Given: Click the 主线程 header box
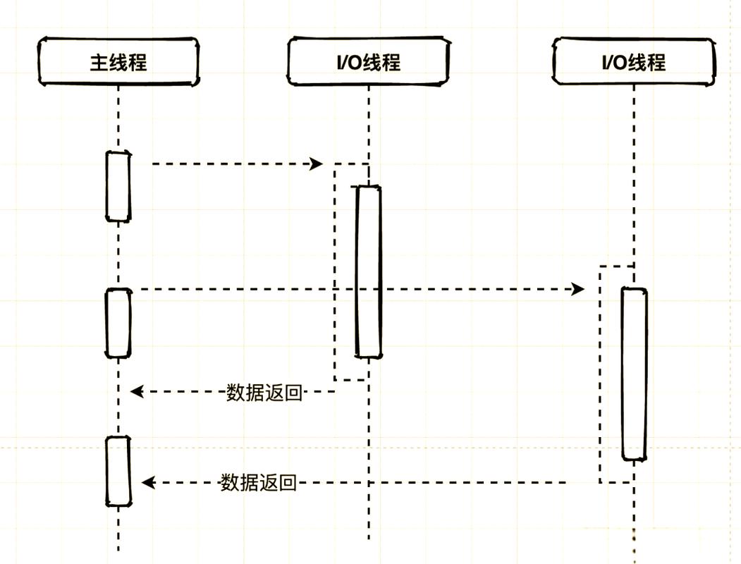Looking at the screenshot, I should click(118, 62).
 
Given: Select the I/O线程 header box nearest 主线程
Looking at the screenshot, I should click(368, 62).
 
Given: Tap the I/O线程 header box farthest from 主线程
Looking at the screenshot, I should click(633, 62).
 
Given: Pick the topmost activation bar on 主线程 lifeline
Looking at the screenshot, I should click(118, 186).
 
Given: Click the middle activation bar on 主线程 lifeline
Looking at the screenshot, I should click(118, 323).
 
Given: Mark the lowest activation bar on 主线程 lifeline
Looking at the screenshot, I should click(118, 471).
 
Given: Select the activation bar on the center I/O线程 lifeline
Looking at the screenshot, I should click(368, 271).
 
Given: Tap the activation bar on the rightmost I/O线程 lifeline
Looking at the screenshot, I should click(634, 374).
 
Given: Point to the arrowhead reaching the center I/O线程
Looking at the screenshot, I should click(317, 164).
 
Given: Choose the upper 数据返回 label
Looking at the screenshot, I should click(264, 393).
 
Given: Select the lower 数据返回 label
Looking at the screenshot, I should click(258, 483).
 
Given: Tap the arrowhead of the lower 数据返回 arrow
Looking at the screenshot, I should click(148, 483).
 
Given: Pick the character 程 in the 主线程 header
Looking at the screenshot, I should click(137, 62).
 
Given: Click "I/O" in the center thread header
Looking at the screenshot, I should click(348, 62).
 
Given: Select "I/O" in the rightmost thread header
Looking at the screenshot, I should click(614, 62).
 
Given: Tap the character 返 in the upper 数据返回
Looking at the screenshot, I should click(274, 393).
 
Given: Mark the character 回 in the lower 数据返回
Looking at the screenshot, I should click(287, 483).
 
